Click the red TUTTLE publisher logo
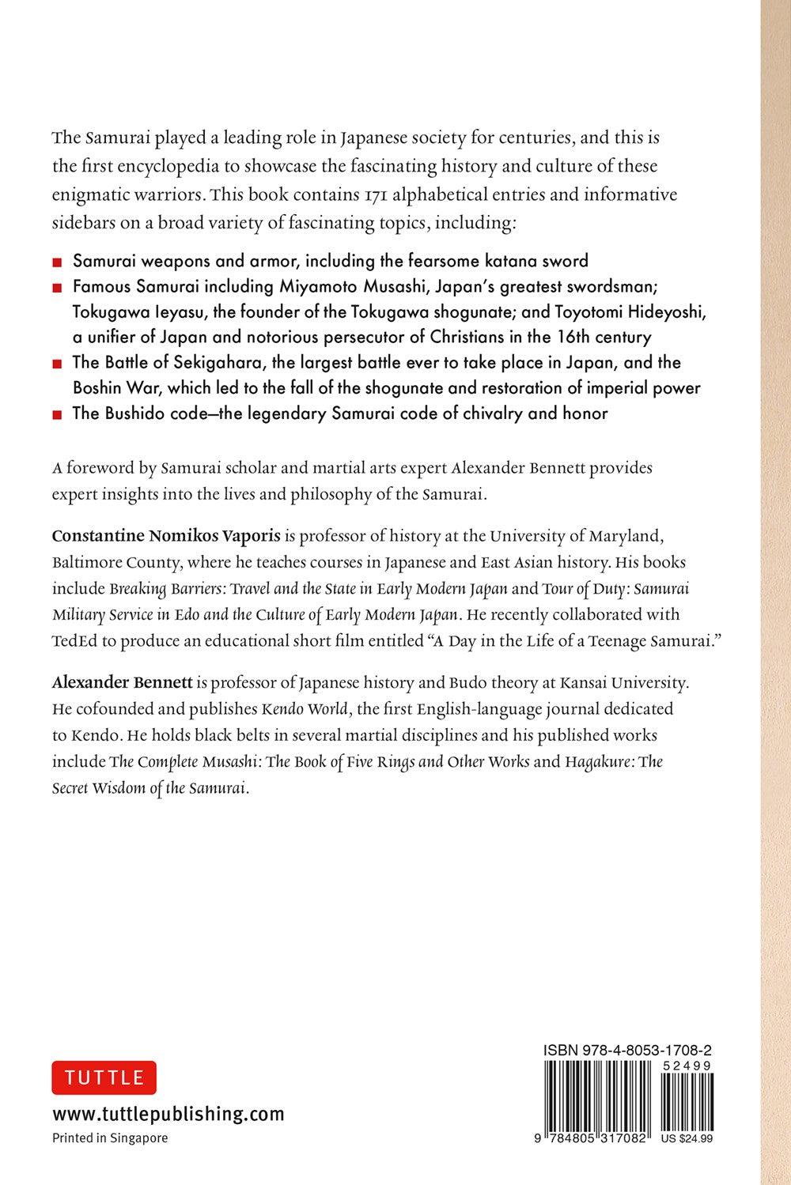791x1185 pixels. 104,1077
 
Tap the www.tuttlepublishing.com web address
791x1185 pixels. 168,1114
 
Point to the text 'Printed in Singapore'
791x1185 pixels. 110,1138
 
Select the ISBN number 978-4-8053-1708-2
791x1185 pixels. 627,1051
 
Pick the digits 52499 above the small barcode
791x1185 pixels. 687,1066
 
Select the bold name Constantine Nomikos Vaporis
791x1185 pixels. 166,536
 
